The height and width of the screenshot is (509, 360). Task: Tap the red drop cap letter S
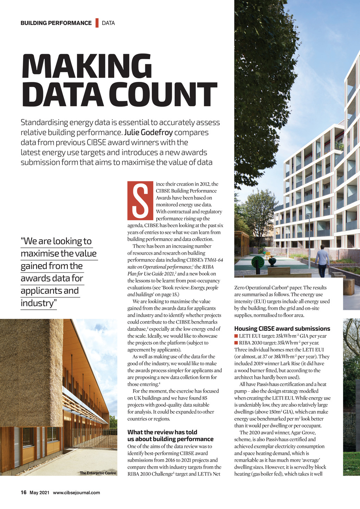click(140, 200)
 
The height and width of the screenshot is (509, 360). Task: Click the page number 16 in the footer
click(24, 492)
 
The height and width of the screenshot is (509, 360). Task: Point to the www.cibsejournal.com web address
click(76, 492)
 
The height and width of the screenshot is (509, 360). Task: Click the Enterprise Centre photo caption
click(98, 473)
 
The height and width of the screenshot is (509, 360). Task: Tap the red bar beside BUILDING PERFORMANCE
click(97, 23)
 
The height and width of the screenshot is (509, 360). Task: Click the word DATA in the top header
click(108, 23)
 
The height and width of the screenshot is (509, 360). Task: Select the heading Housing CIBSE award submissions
click(282, 329)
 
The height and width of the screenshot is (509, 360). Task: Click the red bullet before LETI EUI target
click(236, 336)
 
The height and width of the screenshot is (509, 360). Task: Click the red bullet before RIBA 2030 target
click(236, 343)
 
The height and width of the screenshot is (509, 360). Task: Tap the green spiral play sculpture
click(258, 263)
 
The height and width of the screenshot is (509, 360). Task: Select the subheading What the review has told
click(162, 432)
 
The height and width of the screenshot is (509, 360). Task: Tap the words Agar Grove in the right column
click(303, 432)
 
